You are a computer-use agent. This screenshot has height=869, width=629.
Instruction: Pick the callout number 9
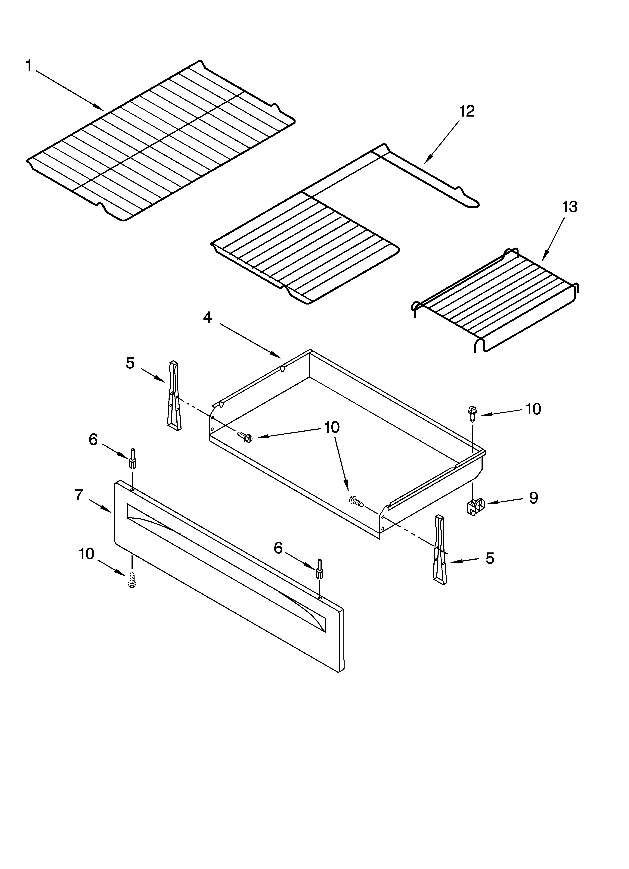point(533,498)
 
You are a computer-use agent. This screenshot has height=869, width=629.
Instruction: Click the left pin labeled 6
point(132,459)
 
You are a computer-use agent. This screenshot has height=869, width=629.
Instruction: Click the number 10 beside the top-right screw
point(533,409)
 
